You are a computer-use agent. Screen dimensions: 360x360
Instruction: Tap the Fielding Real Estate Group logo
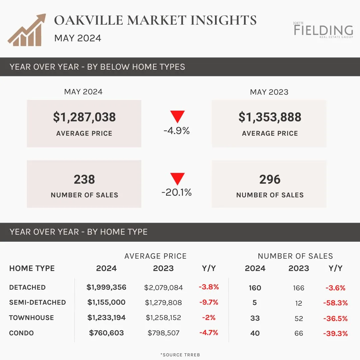323,30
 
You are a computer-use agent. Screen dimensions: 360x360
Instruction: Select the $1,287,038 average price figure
84,117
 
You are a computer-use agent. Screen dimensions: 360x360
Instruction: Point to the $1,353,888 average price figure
270,117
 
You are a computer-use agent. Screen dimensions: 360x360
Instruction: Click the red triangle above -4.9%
177,116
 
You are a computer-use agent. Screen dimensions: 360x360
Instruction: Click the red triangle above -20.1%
177,178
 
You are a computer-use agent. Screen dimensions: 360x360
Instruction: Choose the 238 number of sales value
84,179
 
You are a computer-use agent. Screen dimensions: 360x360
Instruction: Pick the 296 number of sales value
270,179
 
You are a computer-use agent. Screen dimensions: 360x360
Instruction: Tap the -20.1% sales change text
177,192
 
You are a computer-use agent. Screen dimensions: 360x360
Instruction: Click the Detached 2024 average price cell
106,287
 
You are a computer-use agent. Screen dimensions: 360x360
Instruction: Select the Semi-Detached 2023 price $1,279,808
163,303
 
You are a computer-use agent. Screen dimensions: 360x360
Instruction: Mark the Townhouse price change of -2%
209,318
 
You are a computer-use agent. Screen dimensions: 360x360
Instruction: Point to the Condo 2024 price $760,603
106,333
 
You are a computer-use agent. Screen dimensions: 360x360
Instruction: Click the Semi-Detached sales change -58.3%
335,303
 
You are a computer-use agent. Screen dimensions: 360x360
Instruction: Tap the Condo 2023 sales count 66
299,333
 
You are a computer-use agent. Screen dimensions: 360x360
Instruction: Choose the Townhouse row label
31,318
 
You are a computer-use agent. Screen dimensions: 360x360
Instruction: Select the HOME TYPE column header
32,268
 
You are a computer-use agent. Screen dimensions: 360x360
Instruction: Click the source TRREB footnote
180,355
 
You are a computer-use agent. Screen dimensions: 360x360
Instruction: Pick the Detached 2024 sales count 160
255,288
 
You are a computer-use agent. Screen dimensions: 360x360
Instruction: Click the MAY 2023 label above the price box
269,92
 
